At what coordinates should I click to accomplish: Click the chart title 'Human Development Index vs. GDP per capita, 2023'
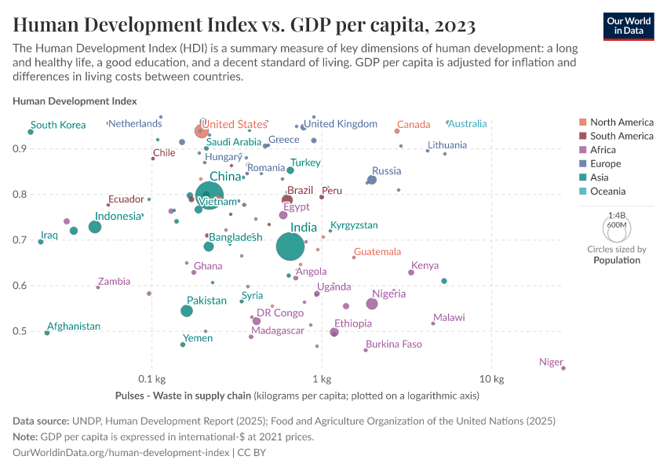[244, 25]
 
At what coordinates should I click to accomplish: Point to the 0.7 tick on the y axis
[20, 240]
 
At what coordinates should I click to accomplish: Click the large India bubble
[290, 246]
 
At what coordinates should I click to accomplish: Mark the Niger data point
[563, 367]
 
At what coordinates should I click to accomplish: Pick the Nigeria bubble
[372, 305]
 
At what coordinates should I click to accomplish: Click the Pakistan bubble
[187, 311]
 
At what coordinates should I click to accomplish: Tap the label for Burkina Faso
[393, 344]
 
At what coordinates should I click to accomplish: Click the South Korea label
[58, 125]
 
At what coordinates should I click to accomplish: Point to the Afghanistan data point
[47, 333]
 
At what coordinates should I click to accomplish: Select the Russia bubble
[372, 180]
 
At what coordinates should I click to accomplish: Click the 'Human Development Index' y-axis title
[75, 101]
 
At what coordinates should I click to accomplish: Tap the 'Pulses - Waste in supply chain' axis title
[184, 396]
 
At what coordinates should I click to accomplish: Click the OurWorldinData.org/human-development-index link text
[121, 453]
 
